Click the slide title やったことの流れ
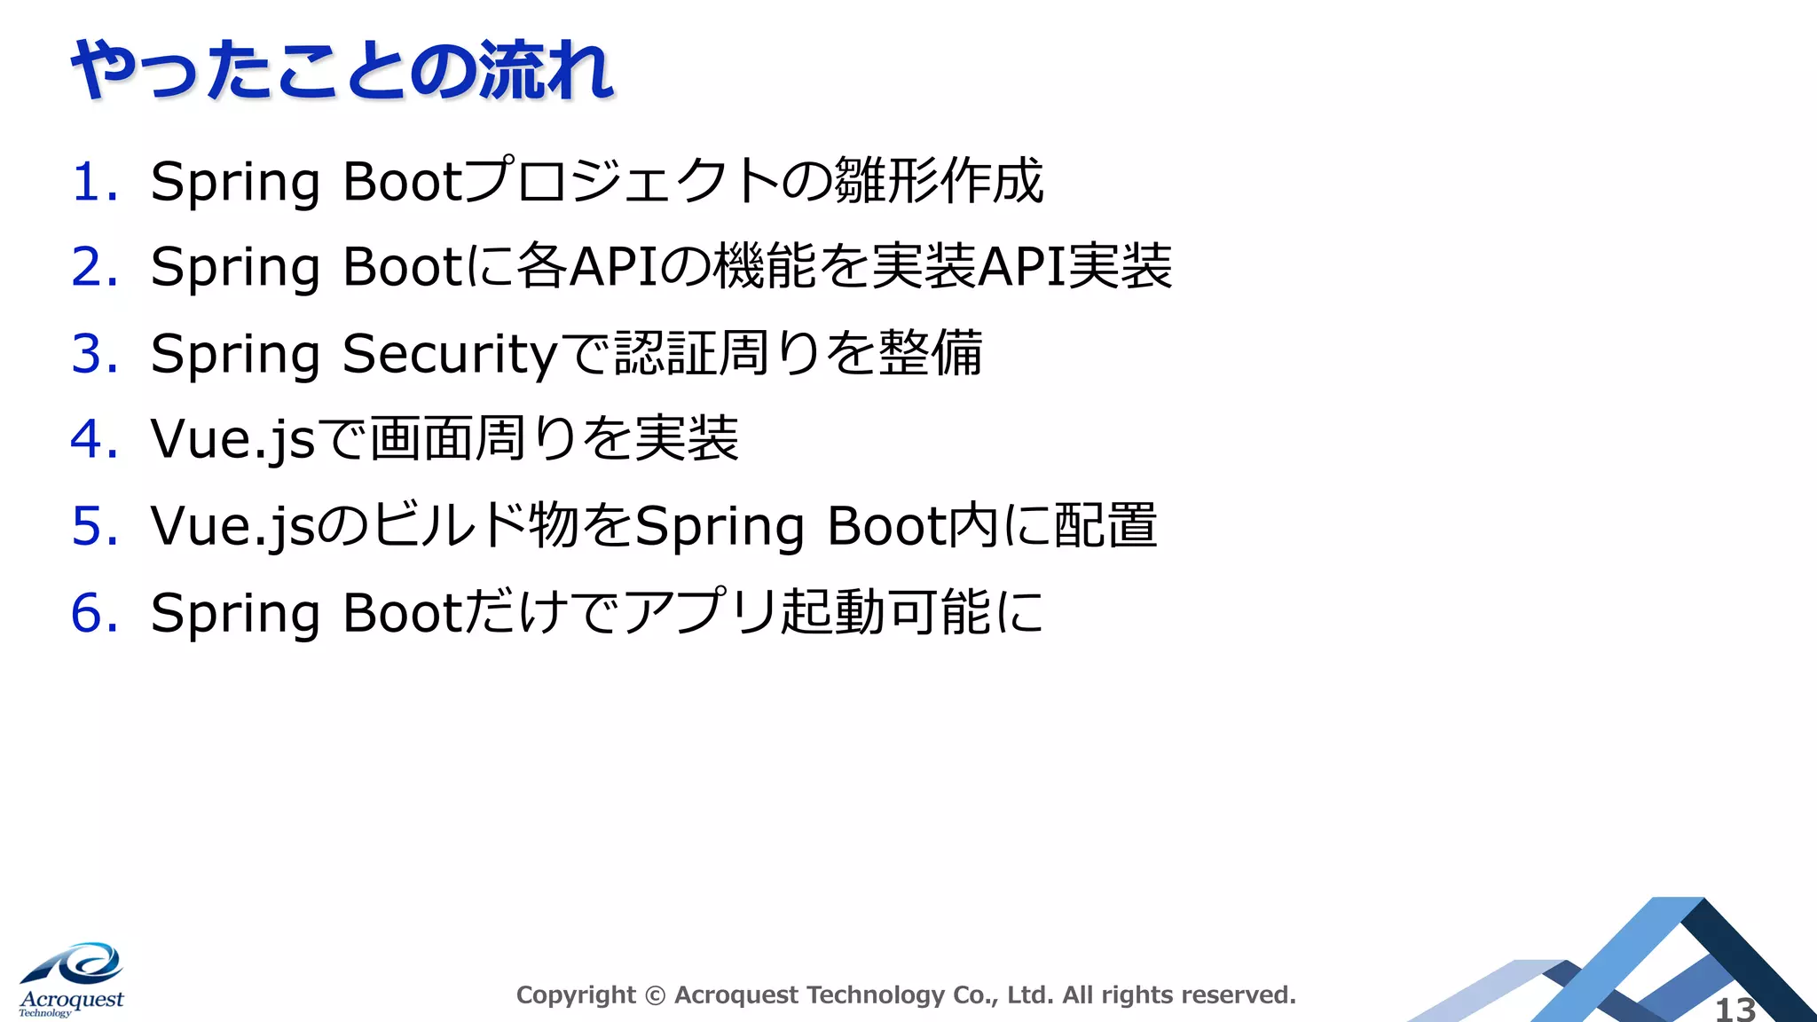click(342, 71)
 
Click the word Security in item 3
click(451, 353)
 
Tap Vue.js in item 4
click(232, 439)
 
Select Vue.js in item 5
click(232, 525)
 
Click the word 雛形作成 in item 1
click(939, 182)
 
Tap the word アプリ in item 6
click(701, 612)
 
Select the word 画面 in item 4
click(422, 439)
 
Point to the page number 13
click(1735, 1009)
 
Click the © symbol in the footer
click(655, 995)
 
